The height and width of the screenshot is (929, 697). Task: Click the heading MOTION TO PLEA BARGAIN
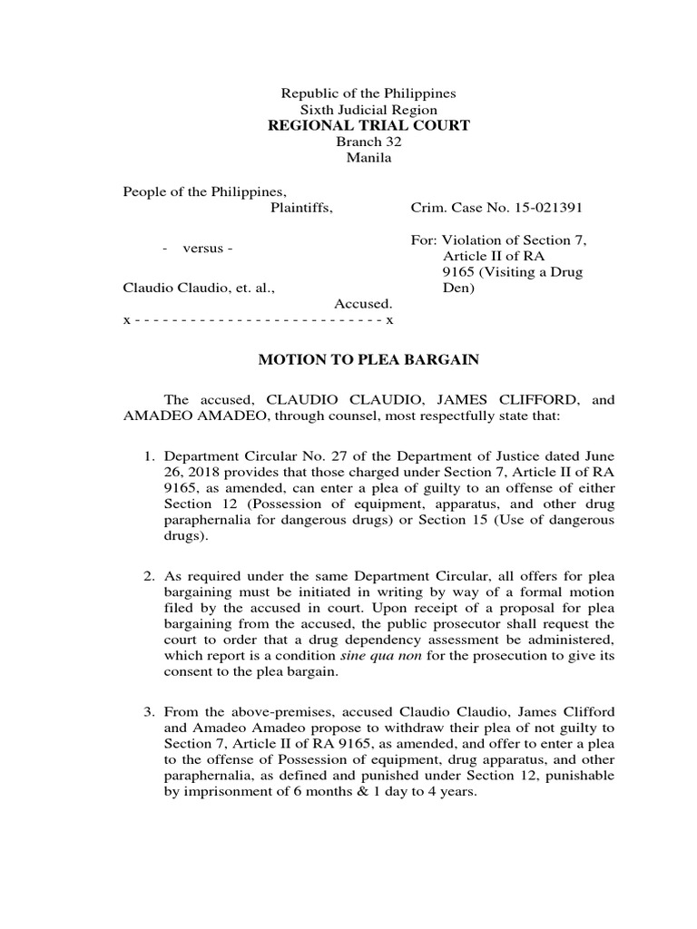click(368, 360)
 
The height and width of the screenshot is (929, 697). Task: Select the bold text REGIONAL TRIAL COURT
click(368, 125)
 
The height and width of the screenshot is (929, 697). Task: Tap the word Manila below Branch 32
click(368, 159)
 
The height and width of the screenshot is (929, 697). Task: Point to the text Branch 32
click(368, 142)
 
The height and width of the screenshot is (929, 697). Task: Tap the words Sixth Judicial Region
click(368, 110)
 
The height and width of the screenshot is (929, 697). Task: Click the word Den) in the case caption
click(459, 289)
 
